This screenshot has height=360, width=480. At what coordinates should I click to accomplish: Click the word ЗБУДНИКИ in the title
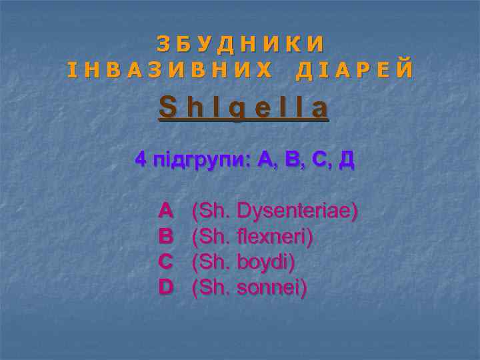tap(241, 43)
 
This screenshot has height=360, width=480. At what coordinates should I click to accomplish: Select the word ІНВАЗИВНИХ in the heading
tap(170, 69)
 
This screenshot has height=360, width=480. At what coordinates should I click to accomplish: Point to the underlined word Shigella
tap(243, 107)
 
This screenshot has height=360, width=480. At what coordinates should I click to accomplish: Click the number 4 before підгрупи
tap(141, 159)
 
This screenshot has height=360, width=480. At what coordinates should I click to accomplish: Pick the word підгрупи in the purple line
tap(197, 161)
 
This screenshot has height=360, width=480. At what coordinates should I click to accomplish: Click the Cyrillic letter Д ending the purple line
tap(346, 160)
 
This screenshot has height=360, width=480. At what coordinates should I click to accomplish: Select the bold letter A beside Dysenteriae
tap(167, 211)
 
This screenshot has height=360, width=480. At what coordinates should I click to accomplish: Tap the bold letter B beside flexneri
tap(167, 237)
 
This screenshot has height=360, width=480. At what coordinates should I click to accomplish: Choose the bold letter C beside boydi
tap(167, 262)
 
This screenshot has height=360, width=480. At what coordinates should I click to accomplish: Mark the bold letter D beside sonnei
tap(167, 287)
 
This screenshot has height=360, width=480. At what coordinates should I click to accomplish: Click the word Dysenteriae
tap(297, 212)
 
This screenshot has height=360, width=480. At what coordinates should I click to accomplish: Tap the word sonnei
tap(272, 288)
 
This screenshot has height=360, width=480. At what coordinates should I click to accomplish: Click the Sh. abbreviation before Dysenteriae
tap(211, 212)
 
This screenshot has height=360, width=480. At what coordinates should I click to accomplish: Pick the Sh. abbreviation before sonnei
tap(211, 288)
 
